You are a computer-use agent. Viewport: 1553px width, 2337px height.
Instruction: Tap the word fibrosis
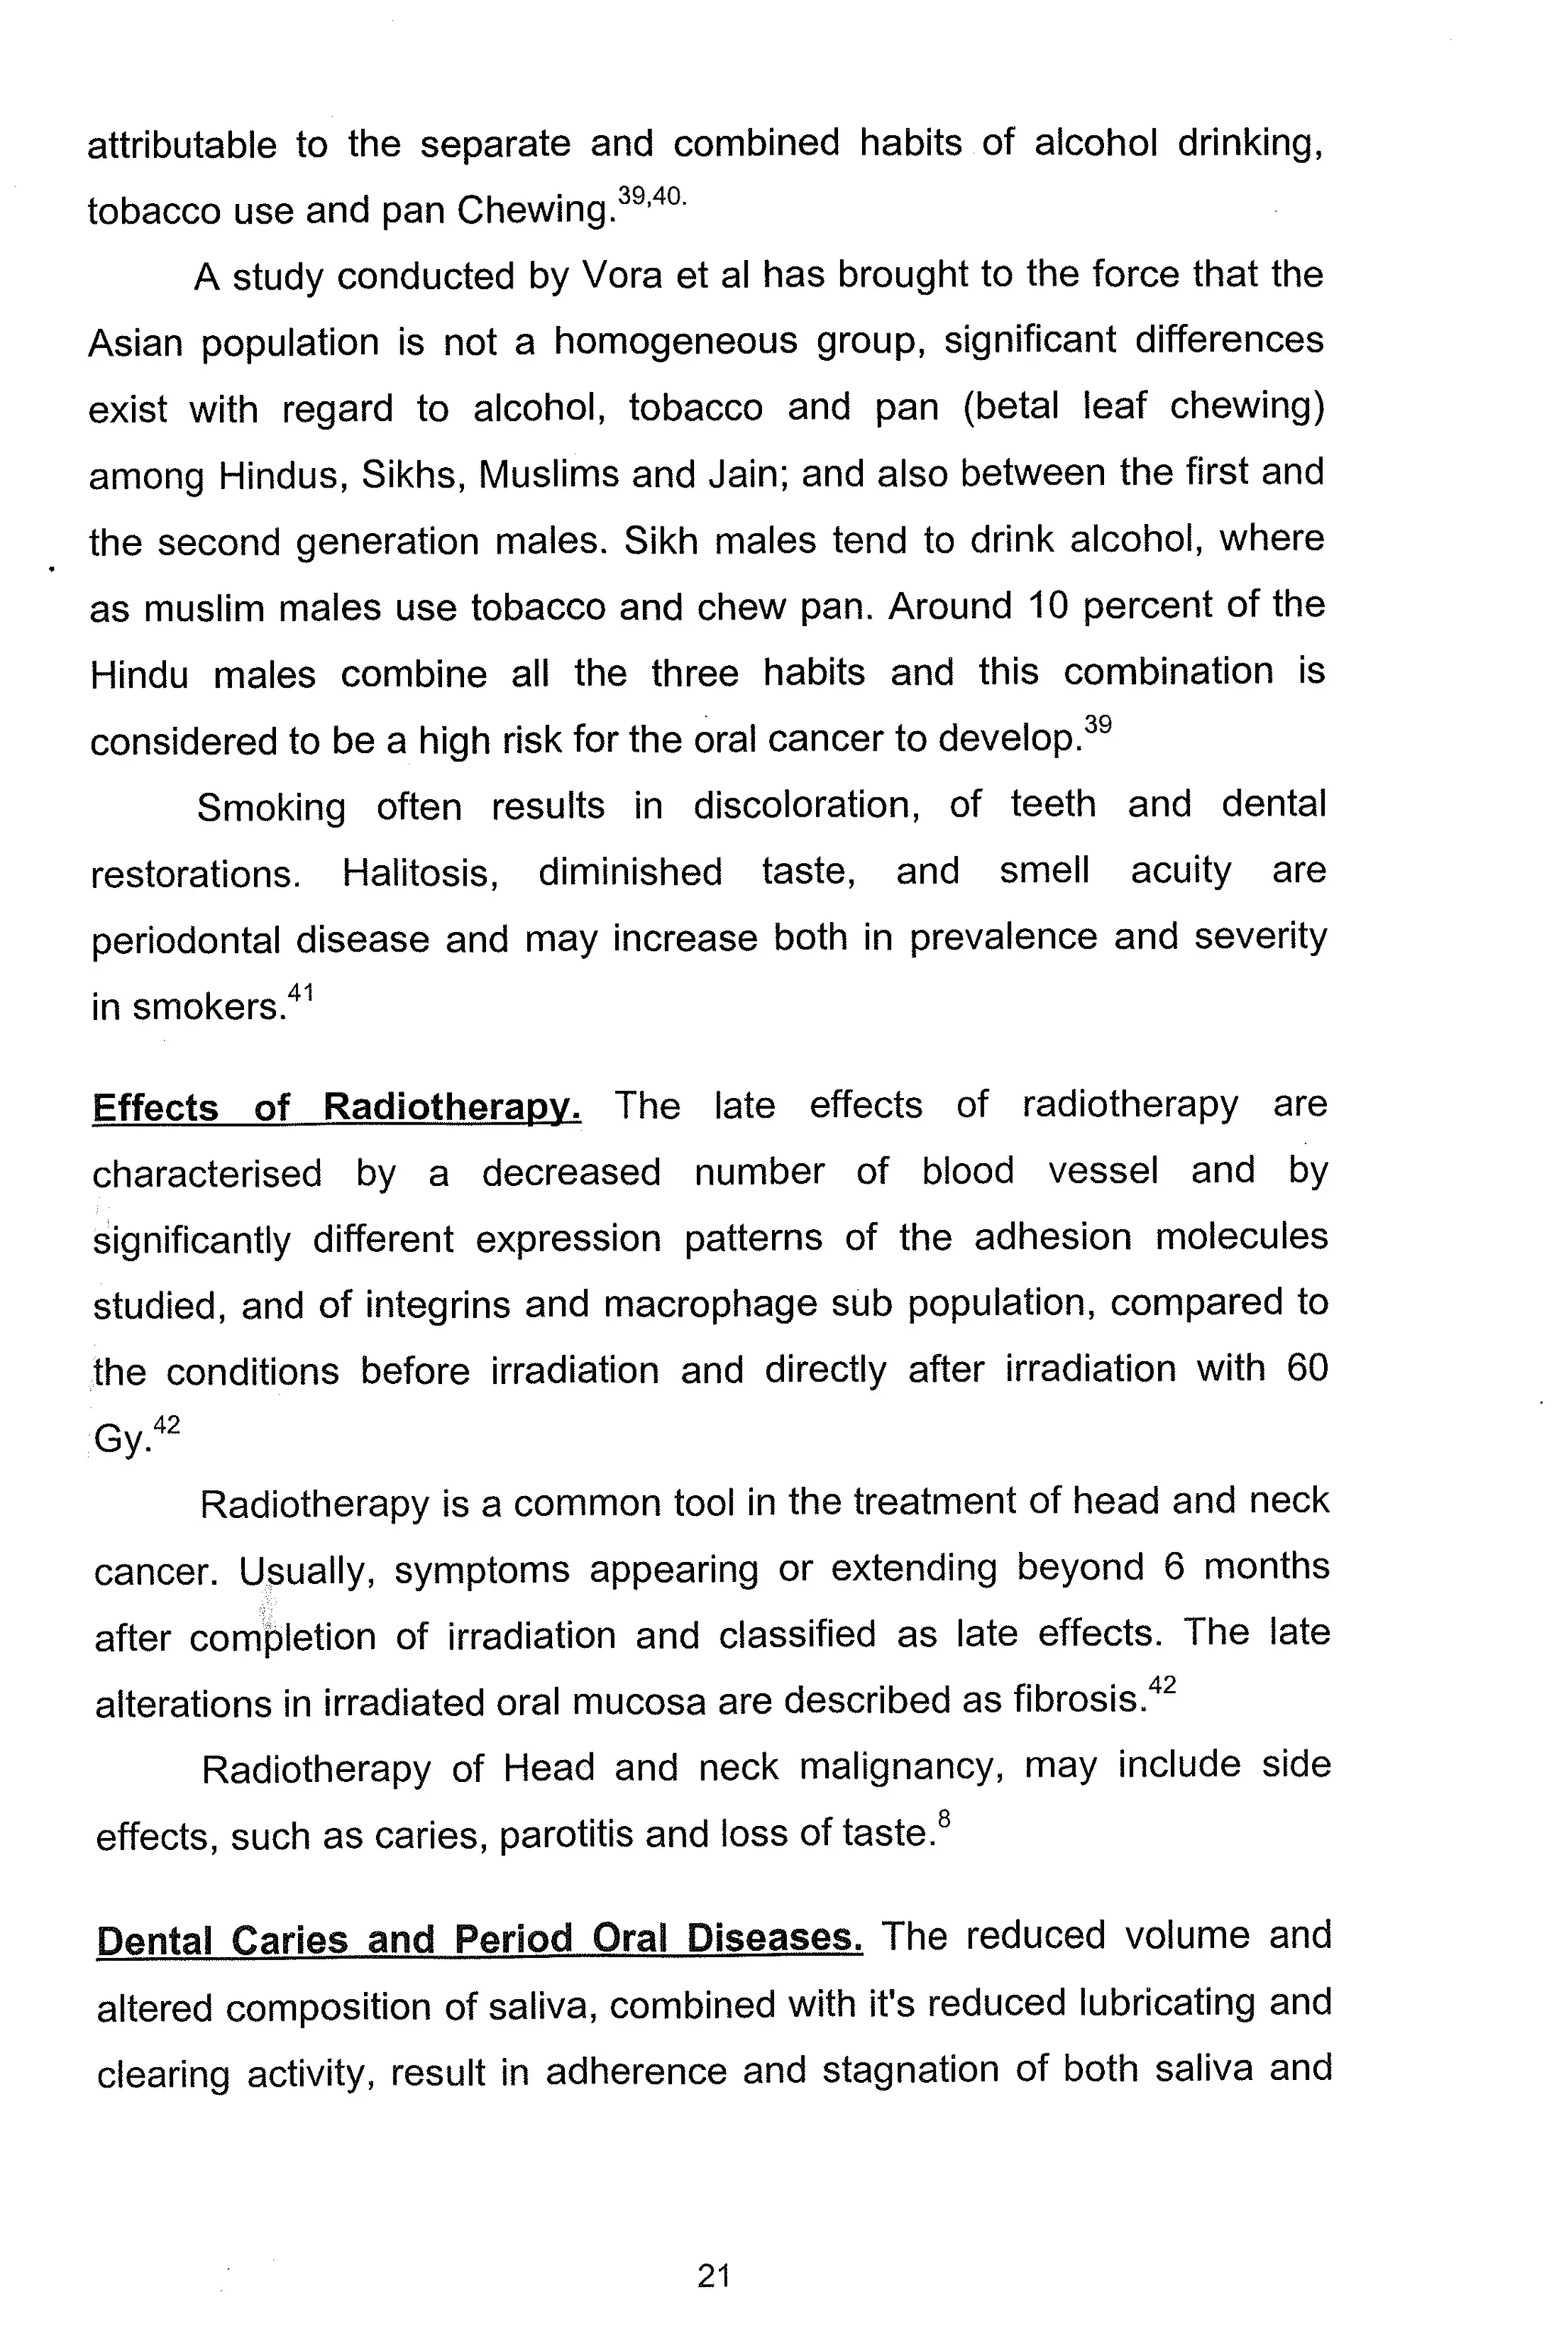coord(1078,1702)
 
